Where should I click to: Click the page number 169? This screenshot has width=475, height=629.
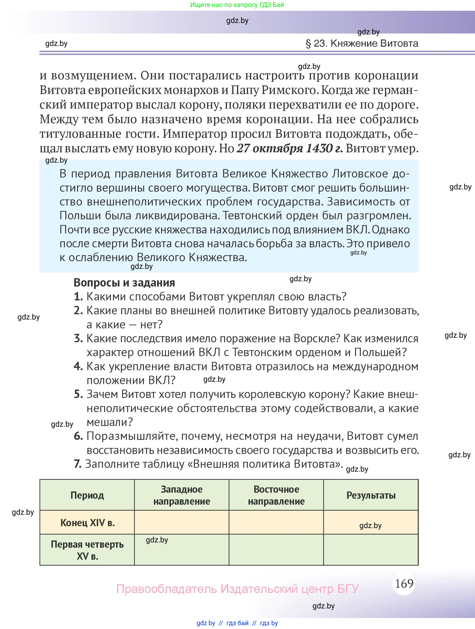404,584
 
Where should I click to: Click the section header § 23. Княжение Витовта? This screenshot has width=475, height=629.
362,44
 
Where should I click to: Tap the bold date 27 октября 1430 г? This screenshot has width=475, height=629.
290,149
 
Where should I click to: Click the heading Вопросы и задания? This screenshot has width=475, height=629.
124,283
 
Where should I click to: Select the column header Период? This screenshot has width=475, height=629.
87,495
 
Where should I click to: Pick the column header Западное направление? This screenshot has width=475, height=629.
181,495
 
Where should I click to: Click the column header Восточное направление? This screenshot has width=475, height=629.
276,495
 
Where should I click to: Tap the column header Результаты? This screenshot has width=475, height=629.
371,495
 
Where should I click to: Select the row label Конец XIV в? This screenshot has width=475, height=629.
87,523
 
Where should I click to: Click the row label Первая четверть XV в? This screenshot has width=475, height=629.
87,550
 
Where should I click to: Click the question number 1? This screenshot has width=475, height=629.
78,297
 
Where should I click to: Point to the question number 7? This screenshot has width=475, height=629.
77,464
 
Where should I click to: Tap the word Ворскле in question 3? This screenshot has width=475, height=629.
317,338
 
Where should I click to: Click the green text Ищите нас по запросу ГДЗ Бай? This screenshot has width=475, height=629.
237,5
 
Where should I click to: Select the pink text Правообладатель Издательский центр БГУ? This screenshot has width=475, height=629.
237,589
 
